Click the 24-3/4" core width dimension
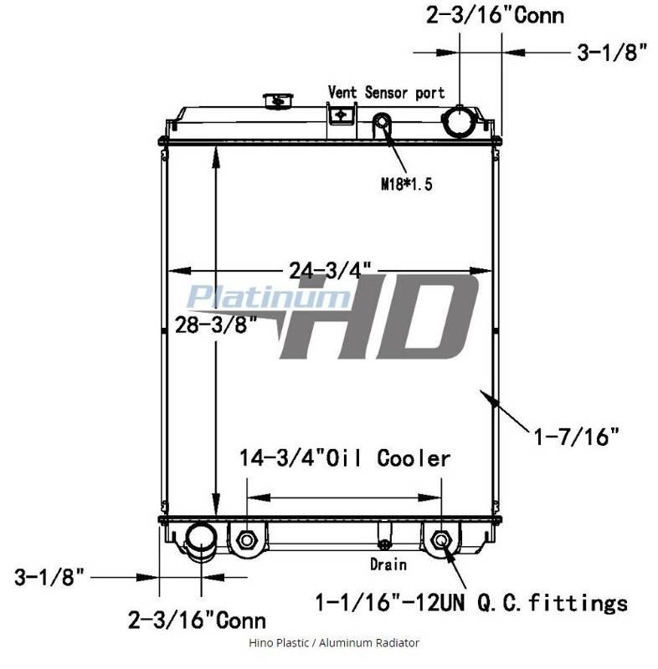pos(330,269)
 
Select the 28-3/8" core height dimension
pos(216,325)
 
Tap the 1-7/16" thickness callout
pos(576,437)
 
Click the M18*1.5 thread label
pos(407,184)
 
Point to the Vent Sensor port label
pos(386,92)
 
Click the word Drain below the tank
pos(388,564)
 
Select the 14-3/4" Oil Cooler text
pos(345,458)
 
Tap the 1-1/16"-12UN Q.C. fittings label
pos(471,602)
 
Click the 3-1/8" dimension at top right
pos(612,53)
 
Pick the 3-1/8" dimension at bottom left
pos(49,577)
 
